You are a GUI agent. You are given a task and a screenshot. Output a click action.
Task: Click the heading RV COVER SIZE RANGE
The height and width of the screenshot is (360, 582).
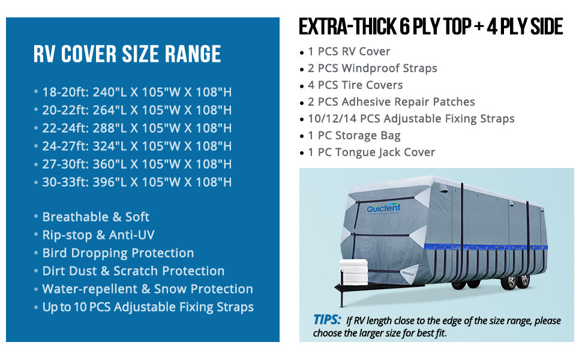pos(127,54)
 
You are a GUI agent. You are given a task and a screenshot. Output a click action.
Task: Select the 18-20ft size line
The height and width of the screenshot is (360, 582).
pos(137,92)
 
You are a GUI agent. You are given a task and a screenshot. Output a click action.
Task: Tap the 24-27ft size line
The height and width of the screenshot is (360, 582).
pos(137,146)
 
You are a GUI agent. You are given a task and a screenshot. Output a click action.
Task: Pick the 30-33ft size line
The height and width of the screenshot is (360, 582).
pos(137,182)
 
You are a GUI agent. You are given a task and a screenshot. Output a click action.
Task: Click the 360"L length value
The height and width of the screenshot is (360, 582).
pos(110,164)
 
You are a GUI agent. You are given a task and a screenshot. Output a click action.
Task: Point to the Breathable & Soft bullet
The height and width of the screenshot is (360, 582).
pos(96,217)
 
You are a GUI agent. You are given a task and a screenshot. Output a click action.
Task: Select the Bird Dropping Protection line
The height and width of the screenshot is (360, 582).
pos(118,253)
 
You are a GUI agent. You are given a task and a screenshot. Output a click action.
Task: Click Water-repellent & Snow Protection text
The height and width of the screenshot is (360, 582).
pos(148,289)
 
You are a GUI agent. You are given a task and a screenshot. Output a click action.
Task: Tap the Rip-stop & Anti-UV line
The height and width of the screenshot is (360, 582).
pos(98,235)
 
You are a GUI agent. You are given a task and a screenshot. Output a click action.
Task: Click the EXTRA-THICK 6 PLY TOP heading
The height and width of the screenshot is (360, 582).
pos(385,27)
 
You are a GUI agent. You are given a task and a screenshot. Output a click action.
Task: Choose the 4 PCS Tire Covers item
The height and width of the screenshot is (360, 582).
pos(355,85)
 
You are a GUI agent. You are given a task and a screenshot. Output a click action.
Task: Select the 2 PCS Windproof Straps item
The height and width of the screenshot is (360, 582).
pos(372,68)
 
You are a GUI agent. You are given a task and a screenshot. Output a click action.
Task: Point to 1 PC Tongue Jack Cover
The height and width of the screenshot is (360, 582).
pos(371,152)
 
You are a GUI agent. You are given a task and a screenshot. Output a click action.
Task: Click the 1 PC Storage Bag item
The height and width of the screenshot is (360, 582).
pos(354,136)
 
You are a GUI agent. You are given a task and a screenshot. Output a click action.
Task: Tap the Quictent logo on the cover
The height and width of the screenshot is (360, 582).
pos(383,209)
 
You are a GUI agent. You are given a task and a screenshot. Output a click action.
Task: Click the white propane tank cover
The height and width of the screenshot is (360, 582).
pos(353,272)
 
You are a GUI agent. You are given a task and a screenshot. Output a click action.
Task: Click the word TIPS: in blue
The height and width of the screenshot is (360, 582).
pos(327,320)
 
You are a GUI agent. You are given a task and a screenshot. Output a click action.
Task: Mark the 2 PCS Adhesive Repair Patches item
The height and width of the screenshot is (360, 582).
pos(391,101)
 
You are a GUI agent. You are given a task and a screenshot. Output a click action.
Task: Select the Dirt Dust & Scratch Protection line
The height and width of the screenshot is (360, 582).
pos(133,271)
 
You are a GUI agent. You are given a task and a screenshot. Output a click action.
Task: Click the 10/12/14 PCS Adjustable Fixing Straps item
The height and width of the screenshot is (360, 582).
pos(411,119)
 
